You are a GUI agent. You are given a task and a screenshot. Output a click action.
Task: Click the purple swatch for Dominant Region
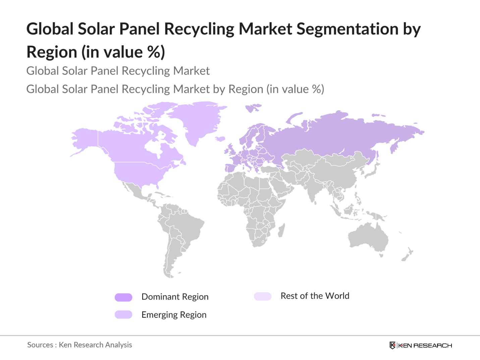point(123,297)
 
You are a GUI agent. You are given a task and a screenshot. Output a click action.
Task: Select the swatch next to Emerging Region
point(123,315)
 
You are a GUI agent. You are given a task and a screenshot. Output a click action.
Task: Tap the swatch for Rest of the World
point(263,296)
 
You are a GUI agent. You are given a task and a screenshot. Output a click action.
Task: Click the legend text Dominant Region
point(175,297)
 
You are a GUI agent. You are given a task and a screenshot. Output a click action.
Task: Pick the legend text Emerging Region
point(174,315)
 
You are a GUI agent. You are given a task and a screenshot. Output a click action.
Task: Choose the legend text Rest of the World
point(315,296)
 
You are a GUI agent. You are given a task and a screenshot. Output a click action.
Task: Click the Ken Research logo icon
point(392,345)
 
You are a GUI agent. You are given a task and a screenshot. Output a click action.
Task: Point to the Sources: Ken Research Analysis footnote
point(79,345)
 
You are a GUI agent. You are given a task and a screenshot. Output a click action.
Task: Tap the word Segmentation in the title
point(347,29)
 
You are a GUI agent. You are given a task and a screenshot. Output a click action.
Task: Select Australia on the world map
point(368,238)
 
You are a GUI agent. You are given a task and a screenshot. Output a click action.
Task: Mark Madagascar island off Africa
point(281,230)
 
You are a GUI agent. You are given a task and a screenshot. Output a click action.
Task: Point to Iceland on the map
point(220,139)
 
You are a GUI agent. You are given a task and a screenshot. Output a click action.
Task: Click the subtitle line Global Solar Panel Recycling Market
point(118,71)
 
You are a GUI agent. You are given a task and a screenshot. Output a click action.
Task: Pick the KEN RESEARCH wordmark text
point(425,346)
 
